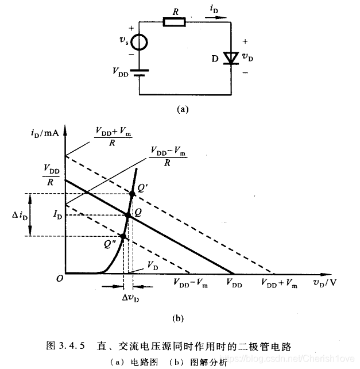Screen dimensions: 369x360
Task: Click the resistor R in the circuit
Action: click(174, 23)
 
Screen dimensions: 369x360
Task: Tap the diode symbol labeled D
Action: click(230, 57)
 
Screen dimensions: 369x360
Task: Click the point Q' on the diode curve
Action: click(133, 194)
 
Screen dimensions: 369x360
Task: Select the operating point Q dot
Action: click(128, 215)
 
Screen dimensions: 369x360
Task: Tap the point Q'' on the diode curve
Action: click(123, 236)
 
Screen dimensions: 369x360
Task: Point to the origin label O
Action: click(59, 278)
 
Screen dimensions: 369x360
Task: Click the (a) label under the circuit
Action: click(183, 107)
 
